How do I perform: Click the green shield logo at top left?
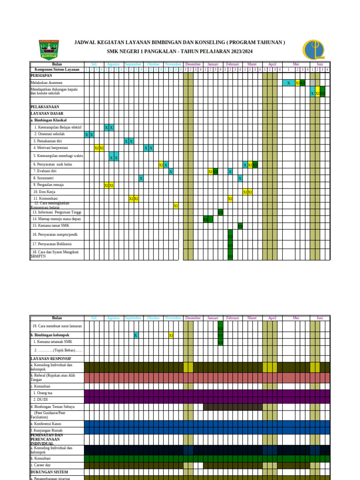49,50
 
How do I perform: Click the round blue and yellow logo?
313,49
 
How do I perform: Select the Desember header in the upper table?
193,64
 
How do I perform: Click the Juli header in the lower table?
94,318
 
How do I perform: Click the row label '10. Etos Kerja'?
44,192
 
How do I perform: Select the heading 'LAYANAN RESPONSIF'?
47,359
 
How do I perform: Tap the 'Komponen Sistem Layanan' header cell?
57,69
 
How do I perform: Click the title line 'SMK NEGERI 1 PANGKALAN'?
180,51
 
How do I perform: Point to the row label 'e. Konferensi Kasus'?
46,423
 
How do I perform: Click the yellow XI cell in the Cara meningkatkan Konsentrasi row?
176,206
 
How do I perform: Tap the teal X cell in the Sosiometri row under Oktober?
141,178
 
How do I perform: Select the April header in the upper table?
272,64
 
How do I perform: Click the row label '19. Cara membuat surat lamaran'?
57,326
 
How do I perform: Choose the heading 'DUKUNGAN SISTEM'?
49,472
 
